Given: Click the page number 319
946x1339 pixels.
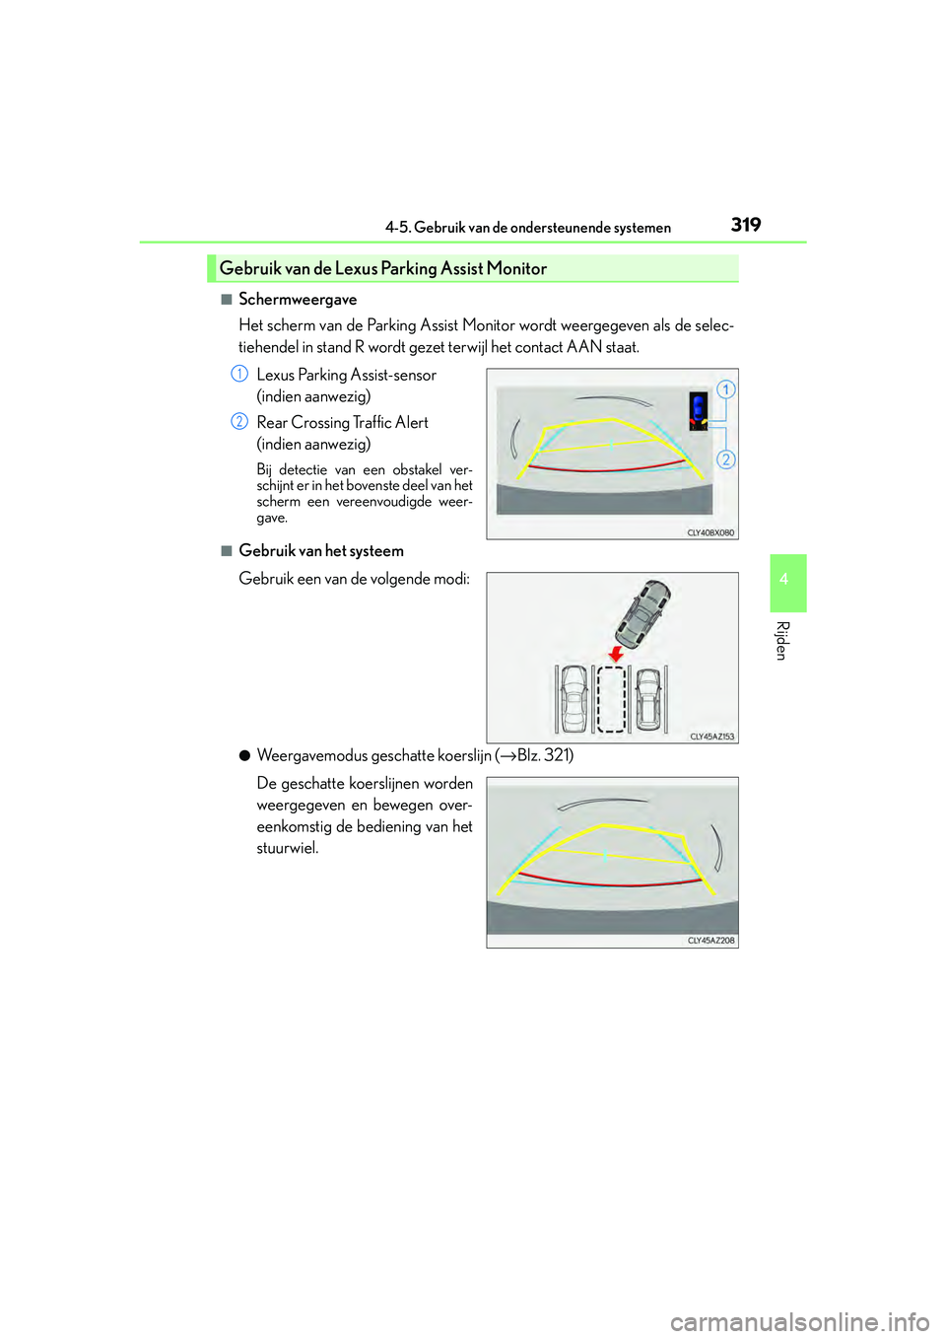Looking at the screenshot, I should tap(746, 225).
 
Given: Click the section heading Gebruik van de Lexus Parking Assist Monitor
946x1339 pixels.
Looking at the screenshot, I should tap(382, 268).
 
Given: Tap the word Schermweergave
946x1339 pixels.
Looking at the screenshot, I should tap(298, 300).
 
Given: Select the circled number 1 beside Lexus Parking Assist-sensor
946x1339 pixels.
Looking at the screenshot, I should tap(238, 374).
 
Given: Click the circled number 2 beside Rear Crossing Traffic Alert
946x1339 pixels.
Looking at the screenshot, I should tap(238, 421).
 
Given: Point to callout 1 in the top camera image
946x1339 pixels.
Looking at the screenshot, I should tap(725, 389).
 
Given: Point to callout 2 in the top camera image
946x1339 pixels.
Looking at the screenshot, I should tap(725, 459).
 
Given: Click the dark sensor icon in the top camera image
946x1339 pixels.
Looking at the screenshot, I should tap(699, 410).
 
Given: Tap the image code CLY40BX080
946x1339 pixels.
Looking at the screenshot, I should tap(710, 532).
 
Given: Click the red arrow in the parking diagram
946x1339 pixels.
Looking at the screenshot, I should tap(617, 655).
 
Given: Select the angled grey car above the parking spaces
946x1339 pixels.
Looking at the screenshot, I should tap(643, 612).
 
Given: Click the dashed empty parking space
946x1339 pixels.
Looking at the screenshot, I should tap(612, 699).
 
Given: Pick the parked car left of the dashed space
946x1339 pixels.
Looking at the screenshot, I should tap(574, 699).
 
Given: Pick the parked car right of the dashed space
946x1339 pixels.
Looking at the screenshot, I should tap(648, 699).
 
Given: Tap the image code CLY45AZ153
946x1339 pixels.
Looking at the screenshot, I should tap(711, 737).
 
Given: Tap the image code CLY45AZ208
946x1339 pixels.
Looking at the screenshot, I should tap(711, 941).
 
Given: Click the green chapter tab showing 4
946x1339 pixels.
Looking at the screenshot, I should tap(783, 581).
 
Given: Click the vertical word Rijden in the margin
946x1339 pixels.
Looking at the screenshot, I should tap(782, 641).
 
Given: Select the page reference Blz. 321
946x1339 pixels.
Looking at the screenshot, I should tap(544, 755).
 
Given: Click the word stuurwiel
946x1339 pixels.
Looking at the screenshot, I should tap(288, 848).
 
